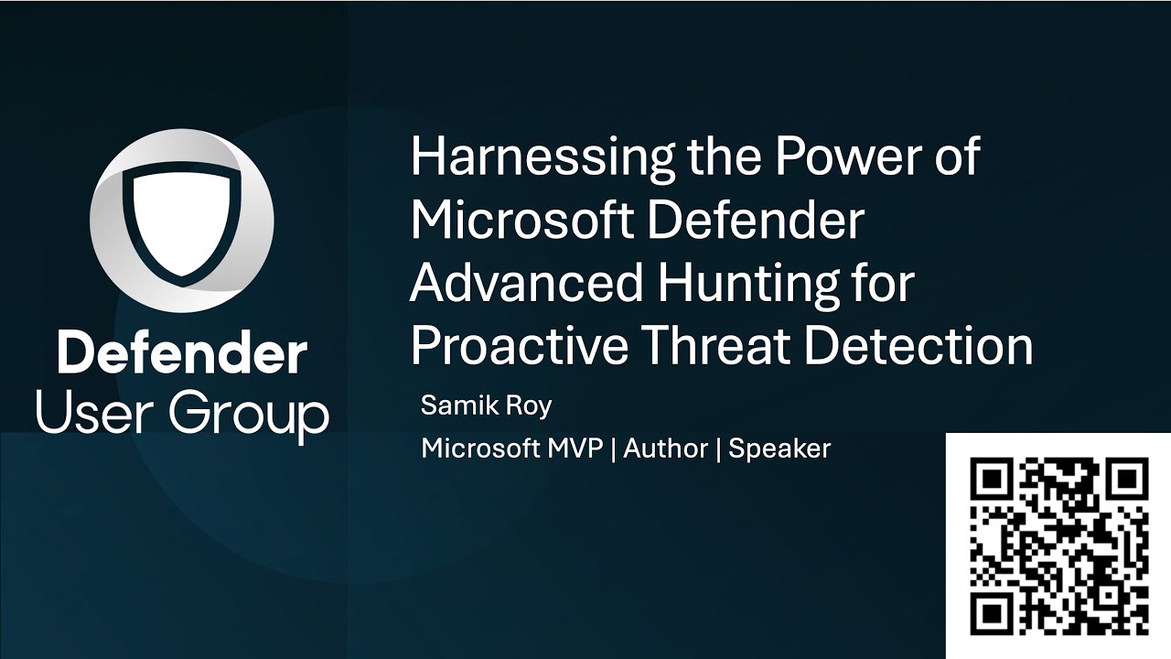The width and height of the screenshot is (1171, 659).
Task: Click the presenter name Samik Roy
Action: pos(486,405)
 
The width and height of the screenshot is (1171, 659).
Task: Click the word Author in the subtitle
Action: pos(665,448)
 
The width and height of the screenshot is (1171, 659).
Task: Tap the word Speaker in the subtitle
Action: pos(779,448)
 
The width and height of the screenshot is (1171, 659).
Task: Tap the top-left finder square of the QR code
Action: pos(994,479)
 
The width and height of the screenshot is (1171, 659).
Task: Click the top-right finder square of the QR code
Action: pos(1127,479)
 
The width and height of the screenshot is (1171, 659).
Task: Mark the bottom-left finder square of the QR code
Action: pos(994,612)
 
